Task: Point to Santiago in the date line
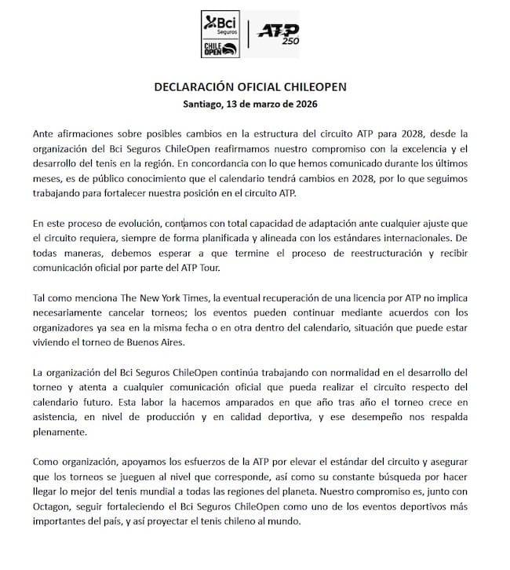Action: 206,102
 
